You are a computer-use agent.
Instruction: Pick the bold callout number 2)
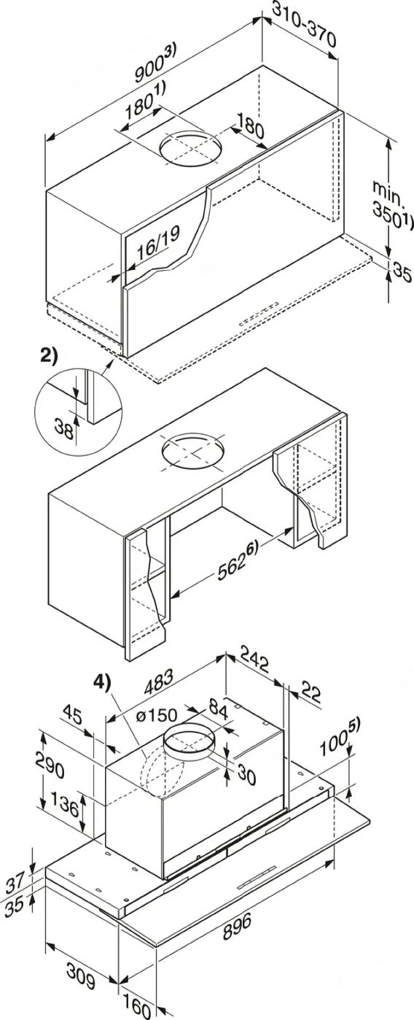click(50, 355)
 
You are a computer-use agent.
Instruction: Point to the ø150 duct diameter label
click(156, 718)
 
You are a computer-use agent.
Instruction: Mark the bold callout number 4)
click(102, 684)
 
